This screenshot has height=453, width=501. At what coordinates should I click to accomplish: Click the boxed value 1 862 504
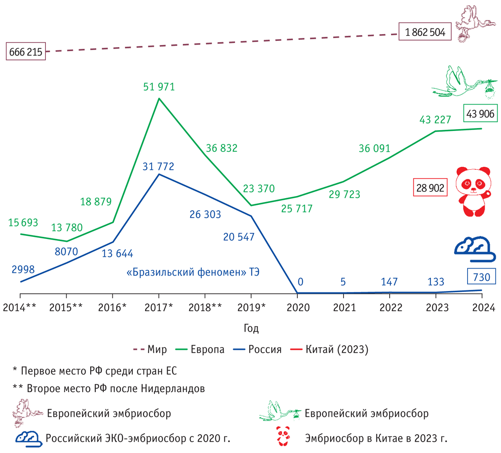(x=425, y=32)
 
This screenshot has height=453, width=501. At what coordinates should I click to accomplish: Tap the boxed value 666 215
(x=26, y=52)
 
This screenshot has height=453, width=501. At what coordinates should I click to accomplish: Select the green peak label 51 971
(x=159, y=87)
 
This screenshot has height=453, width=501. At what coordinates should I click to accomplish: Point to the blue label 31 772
(x=159, y=166)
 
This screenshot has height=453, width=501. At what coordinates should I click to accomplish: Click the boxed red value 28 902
(x=430, y=188)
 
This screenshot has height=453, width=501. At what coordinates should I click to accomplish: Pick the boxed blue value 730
(x=481, y=277)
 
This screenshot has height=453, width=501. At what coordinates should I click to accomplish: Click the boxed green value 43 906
(x=480, y=113)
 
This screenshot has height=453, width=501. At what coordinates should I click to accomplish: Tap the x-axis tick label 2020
(x=297, y=308)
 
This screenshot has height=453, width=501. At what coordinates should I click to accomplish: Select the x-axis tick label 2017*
(x=159, y=308)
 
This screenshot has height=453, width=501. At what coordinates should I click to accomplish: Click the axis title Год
(x=251, y=328)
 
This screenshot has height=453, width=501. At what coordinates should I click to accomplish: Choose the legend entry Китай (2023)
(x=330, y=349)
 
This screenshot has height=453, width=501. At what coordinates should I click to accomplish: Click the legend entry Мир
(x=150, y=349)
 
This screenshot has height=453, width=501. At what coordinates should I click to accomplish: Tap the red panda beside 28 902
(x=473, y=191)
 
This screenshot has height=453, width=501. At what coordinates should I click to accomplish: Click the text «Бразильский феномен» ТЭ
(x=192, y=272)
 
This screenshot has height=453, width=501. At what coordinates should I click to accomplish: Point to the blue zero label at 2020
(x=298, y=282)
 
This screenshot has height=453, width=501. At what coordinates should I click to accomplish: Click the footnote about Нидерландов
(x=109, y=389)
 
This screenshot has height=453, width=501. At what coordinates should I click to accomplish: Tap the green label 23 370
(x=259, y=189)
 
